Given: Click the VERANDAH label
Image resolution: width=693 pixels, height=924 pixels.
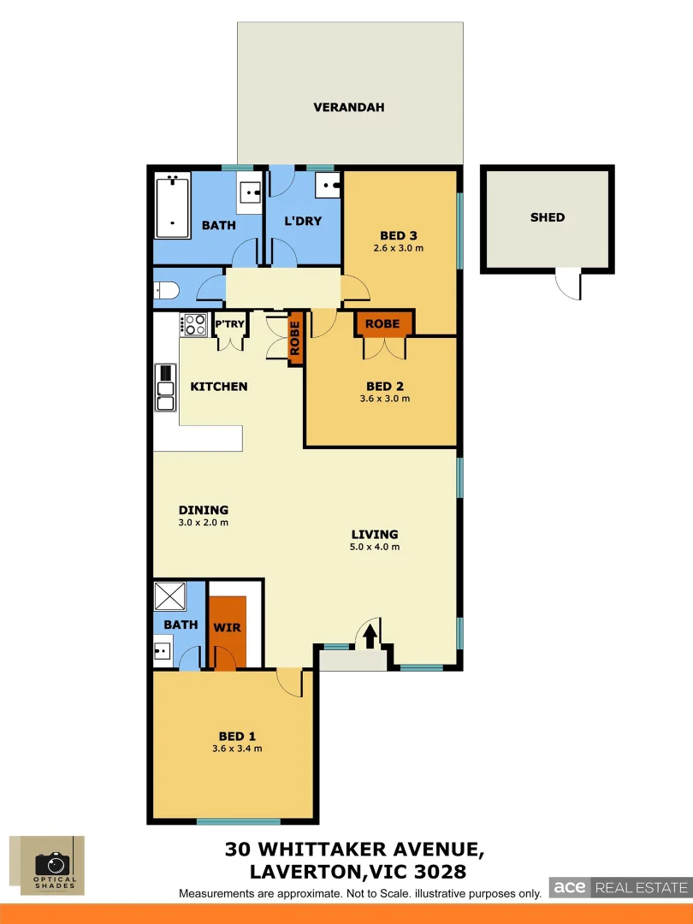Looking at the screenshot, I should click(x=348, y=107).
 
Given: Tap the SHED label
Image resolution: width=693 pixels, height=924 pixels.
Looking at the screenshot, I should click(x=548, y=217).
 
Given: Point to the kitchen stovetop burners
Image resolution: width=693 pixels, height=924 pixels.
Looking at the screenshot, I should click(x=194, y=324).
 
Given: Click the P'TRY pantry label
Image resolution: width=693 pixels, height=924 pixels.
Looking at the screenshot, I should click(x=228, y=324).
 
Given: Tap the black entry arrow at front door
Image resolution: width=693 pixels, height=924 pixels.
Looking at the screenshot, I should click(x=370, y=636).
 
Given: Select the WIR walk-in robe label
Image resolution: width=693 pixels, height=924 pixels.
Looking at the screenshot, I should click(x=228, y=627).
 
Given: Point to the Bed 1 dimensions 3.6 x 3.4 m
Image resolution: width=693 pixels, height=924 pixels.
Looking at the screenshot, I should click(x=238, y=749).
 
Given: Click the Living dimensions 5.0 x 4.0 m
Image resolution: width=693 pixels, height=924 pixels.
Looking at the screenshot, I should click(x=375, y=547).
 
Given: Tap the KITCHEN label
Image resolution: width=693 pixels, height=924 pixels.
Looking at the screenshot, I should click(x=218, y=387).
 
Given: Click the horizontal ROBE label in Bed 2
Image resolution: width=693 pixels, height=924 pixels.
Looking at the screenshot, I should click(x=382, y=324).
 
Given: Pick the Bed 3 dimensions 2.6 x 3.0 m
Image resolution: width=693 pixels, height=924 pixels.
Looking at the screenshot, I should click(x=399, y=249).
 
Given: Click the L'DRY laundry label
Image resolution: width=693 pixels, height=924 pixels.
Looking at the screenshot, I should click(x=303, y=221).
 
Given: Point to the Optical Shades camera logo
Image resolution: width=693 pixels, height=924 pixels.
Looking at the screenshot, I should click(x=53, y=864).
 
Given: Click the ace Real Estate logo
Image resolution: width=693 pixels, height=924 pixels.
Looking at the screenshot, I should click(x=619, y=887).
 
